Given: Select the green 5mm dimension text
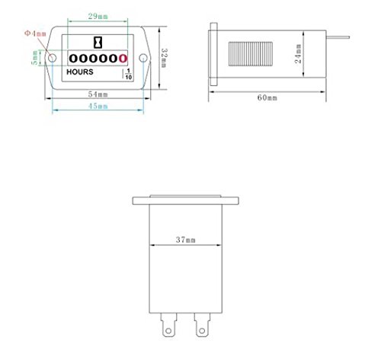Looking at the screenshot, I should pos(34,56).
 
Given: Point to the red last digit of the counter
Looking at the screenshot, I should pos(122,58).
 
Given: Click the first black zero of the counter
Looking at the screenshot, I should pos(73,58).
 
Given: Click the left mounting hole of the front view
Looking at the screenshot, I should pos(53,58).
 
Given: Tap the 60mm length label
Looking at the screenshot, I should pos(266,97).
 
